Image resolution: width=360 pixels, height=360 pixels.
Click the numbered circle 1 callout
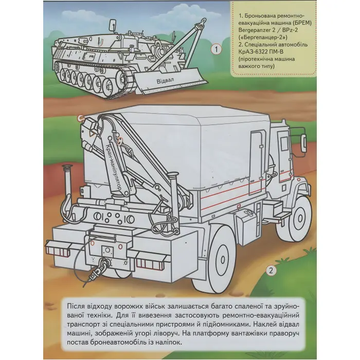click(217, 50)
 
